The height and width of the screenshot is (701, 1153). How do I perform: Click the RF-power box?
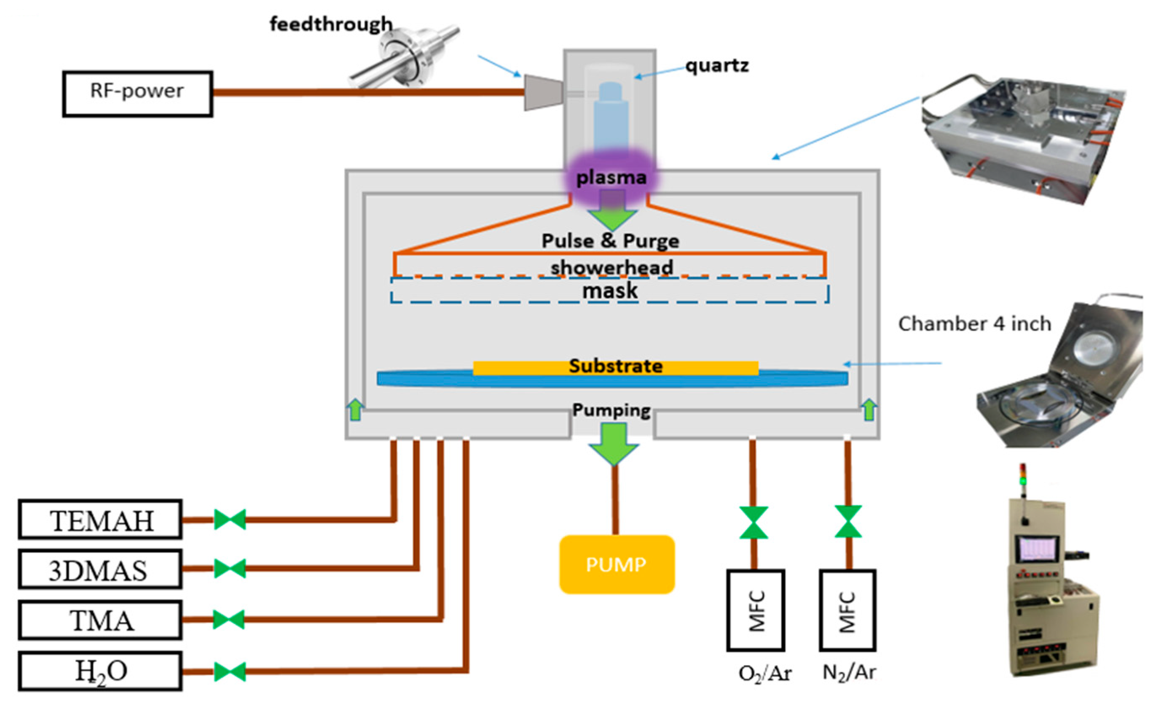[137, 93]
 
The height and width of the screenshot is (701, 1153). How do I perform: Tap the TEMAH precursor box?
[100, 520]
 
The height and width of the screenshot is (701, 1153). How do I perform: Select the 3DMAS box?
[100, 569]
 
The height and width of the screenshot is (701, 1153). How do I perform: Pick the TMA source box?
[100, 620]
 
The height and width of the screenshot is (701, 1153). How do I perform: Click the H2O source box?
[100, 671]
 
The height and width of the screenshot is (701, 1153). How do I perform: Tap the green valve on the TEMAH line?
[230, 520]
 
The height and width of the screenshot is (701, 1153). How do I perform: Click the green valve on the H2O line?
[230, 671]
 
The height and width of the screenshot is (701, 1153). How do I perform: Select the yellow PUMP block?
[617, 564]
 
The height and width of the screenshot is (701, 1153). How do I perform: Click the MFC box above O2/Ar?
[755, 610]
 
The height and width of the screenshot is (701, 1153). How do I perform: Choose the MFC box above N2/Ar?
[847, 610]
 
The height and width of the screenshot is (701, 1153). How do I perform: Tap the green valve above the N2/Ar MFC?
[848, 521]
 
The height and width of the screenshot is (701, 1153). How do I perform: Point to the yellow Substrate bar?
[615, 367]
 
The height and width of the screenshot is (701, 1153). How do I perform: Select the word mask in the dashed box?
[609, 291]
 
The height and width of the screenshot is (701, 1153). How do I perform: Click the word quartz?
[717, 65]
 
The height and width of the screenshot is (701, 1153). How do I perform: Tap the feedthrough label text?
[331, 24]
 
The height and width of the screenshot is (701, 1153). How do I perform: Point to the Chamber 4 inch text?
[974, 324]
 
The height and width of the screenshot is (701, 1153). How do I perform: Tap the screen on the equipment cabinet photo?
[1037, 548]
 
